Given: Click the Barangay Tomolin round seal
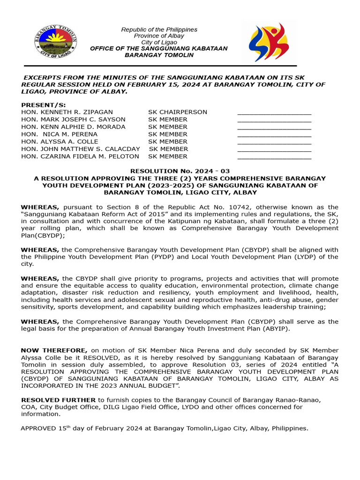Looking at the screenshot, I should [x=55, y=42].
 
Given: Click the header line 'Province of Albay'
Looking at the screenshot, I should [x=159, y=36].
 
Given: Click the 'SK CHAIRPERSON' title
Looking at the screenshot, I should [x=178, y=112].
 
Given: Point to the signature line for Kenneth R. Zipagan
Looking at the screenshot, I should [x=274, y=113].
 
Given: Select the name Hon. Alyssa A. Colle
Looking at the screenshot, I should [x=60, y=142].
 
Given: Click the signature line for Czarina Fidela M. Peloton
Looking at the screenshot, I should [x=274, y=158].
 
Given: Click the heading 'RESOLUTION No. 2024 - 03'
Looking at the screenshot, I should [x=180, y=172].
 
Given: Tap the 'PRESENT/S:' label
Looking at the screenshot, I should [x=44, y=105].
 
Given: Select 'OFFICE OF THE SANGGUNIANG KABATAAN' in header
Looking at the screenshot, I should [x=158, y=49].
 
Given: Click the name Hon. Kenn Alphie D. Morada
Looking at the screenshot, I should [x=73, y=127].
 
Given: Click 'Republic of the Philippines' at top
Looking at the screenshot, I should [x=159, y=30].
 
